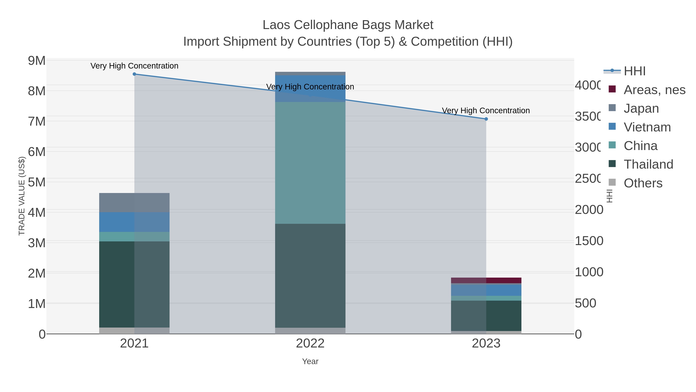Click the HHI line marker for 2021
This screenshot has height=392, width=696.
(134, 74)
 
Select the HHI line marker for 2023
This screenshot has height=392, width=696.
(486, 119)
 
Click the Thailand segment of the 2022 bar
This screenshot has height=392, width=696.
(310, 276)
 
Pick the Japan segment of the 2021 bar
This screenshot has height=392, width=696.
(134, 203)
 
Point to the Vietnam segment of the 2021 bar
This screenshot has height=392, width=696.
(134, 222)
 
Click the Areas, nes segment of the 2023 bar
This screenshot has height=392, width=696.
(486, 280)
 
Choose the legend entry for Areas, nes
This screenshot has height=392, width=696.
(654, 90)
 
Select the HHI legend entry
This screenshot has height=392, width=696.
(634, 71)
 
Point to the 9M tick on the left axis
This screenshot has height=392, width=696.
(37, 61)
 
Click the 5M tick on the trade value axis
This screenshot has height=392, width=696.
(37, 182)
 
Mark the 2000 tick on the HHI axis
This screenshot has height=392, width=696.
(589, 210)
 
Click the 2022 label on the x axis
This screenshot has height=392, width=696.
(310, 344)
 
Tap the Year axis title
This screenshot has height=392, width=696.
(310, 361)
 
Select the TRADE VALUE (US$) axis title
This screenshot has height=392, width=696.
(22, 196)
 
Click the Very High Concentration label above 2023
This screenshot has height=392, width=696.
(486, 111)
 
